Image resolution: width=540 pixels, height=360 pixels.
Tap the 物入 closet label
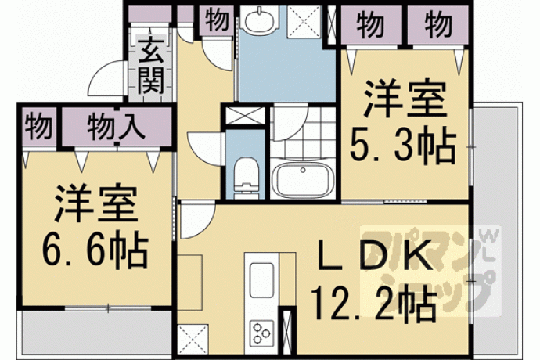coord(116,127)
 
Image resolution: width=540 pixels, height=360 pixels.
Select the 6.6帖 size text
coord(95,250)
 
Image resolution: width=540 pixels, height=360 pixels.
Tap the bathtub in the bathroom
coord(302,180)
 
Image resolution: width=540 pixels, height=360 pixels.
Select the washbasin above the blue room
coord(259,20)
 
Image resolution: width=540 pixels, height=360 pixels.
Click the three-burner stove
coord(261,333)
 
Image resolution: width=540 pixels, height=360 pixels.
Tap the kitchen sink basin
coord(261,280)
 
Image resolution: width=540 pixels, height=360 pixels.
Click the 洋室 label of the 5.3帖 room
coord(405,99)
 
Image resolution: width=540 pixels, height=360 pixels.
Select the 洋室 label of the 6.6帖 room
coord(96,204)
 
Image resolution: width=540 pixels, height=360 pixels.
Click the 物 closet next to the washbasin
coord(217,20)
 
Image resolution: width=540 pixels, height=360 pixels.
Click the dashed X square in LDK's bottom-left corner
coord(193,339)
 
